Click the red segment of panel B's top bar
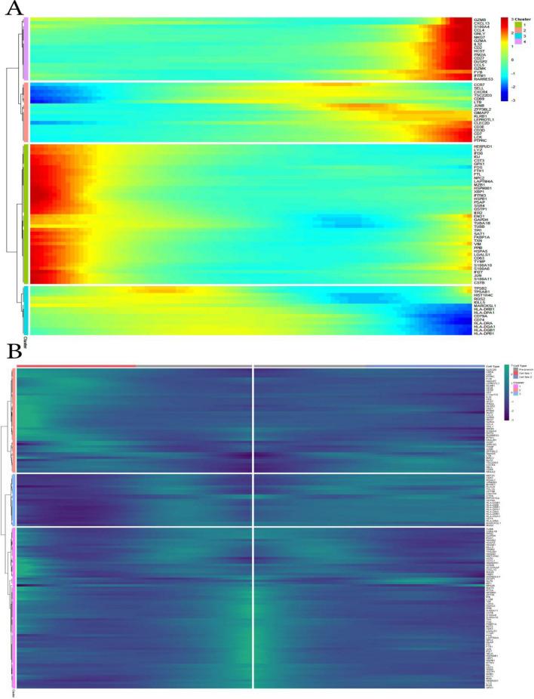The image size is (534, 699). click(x=75, y=366)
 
